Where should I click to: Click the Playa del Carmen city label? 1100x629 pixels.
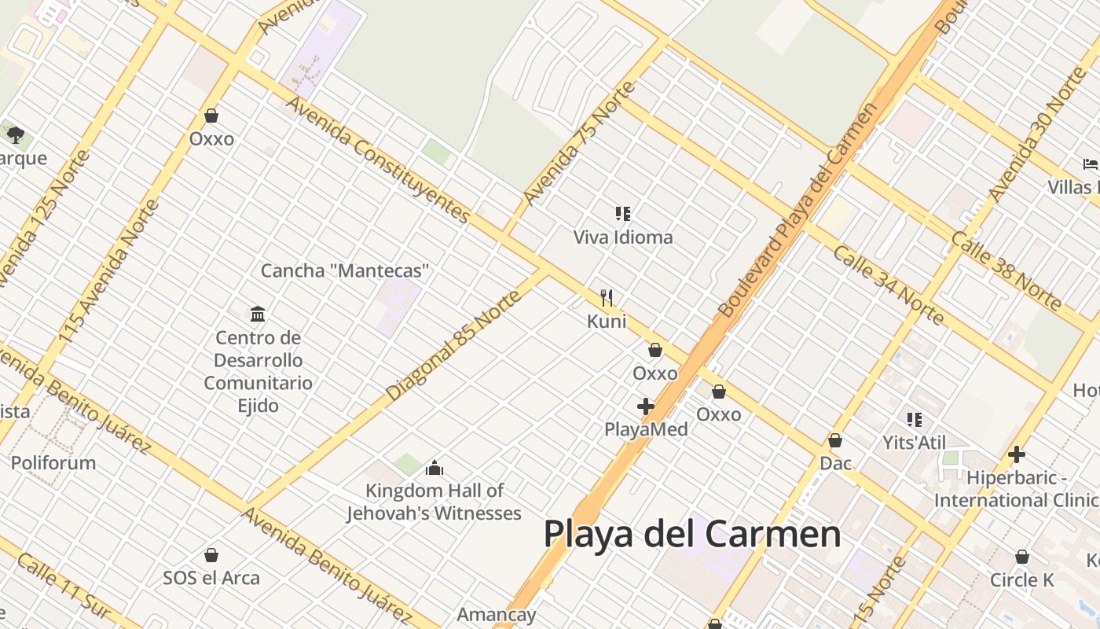tap(691, 534)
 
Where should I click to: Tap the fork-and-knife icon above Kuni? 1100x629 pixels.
tap(607, 298)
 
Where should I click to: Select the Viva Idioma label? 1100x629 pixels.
tap(623, 237)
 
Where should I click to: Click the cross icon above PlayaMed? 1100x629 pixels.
tap(646, 406)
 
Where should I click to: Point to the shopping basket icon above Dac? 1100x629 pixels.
tap(835, 440)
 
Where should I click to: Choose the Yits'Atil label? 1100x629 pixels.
tap(915, 443)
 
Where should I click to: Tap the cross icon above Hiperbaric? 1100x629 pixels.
tap(1017, 454)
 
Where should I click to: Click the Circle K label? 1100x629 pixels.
tap(1021, 580)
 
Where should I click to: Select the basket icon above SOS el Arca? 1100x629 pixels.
tap(211, 555)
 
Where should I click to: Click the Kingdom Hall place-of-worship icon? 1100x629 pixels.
tap(434, 469)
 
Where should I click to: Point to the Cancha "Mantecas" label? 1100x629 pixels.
tap(346, 271)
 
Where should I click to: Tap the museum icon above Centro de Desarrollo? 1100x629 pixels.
tap(258, 314)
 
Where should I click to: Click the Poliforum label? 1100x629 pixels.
tap(53, 462)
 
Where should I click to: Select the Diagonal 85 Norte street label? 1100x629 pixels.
tap(454, 346)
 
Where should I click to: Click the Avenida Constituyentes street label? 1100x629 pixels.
tap(378, 160)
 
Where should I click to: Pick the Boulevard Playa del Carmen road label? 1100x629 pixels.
tap(796, 211)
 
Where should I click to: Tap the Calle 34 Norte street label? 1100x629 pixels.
tap(888, 285)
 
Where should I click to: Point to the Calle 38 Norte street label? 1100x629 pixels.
tap(1006, 270)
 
